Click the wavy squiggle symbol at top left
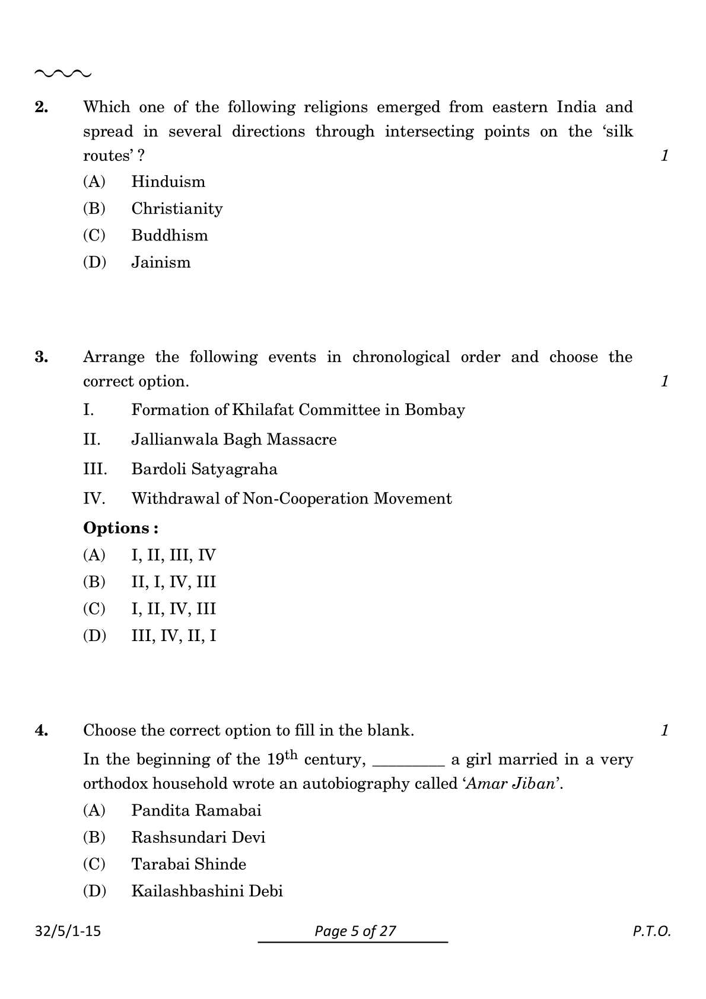[x=63, y=74]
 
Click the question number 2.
[x=42, y=107]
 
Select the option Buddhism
[x=169, y=236]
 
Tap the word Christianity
[x=177, y=209]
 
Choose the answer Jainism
[x=161, y=262]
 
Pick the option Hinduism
[x=168, y=182]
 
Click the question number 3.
[x=42, y=357]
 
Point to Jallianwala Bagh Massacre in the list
[x=234, y=440]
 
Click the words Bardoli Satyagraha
[x=204, y=470]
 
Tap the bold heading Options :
[x=120, y=528]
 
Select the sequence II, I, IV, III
[x=173, y=582]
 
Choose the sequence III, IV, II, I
[x=173, y=636]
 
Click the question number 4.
[x=42, y=731]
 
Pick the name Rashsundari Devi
[x=198, y=838]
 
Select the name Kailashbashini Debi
[x=206, y=891]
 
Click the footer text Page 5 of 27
[x=355, y=931]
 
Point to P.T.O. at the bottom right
[x=651, y=931]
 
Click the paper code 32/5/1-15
[x=68, y=931]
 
